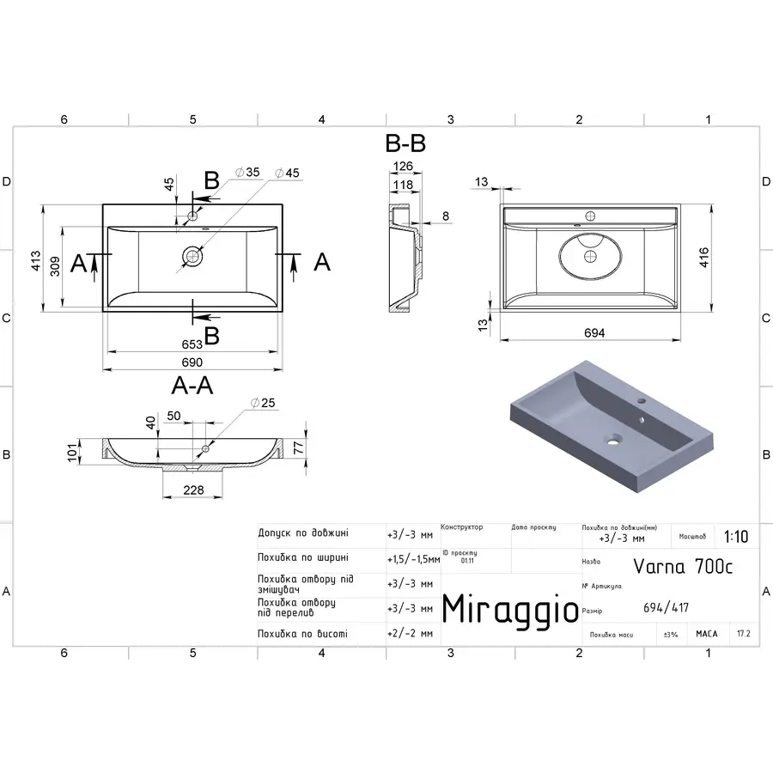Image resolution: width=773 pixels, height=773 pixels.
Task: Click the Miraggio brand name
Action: click(x=510, y=609)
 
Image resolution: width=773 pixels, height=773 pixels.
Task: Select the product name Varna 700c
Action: click(x=683, y=565)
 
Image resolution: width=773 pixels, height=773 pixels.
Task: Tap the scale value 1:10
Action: click(x=735, y=537)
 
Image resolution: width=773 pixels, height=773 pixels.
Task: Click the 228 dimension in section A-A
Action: click(x=194, y=490)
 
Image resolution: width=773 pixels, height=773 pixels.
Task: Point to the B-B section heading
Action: click(x=405, y=143)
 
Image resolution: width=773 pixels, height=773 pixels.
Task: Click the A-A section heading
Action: click(x=192, y=386)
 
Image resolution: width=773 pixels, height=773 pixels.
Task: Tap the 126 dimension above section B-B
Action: click(x=403, y=167)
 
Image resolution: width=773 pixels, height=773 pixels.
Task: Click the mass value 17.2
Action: click(x=743, y=634)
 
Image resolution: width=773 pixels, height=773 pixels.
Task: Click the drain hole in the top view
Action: click(x=192, y=255)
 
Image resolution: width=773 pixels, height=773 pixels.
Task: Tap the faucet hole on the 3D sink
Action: click(x=641, y=401)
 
